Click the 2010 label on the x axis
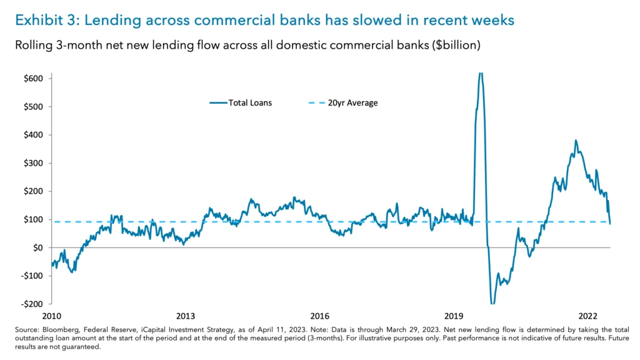tap(51, 316)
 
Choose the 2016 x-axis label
tap(319, 316)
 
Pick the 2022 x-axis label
tap(588, 316)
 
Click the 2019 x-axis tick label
tap(454, 316)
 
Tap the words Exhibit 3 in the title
tap(44, 21)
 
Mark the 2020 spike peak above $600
tap(480, 74)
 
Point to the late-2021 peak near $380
tap(576, 141)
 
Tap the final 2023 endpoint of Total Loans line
tap(610, 223)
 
